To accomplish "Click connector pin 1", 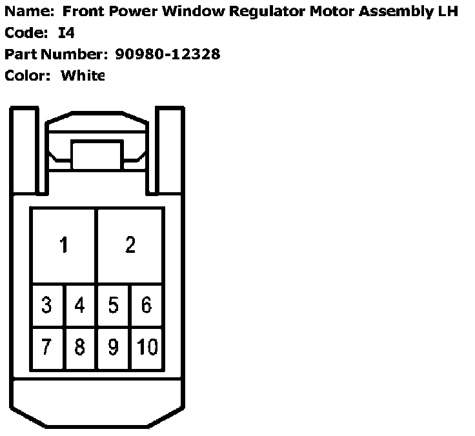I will (63, 245).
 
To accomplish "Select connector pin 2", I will (130, 245).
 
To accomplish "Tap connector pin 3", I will (46, 304).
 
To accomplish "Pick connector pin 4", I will (80, 304).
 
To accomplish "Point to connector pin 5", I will (114, 304).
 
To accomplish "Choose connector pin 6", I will (147, 304).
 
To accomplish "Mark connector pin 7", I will (46, 347).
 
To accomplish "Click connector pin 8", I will (80, 347).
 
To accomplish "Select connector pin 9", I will (114, 347).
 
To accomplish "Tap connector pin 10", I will (147, 347).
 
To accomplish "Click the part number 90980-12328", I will (168, 54).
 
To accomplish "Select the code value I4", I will (66, 33).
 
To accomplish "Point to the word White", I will (83, 75).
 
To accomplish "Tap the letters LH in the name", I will (449, 12).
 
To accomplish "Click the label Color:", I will (28, 75).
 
